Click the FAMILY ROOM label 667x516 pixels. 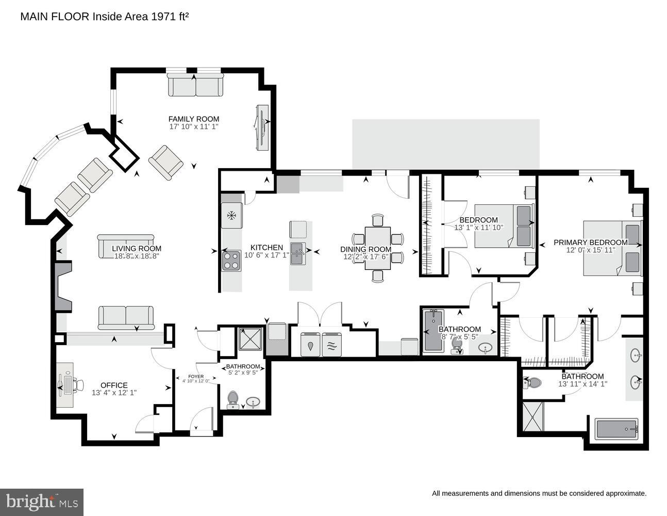[x=193, y=119]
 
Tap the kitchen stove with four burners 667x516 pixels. [x=231, y=260]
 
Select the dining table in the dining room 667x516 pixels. [x=377, y=248]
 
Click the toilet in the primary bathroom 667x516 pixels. [x=532, y=383]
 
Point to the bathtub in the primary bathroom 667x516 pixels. [x=616, y=429]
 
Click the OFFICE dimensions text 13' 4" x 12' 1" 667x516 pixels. [x=114, y=393]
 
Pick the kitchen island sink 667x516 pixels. [x=298, y=253]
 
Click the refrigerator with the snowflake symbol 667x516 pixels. [x=231, y=215]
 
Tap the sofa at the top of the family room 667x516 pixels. [x=195, y=85]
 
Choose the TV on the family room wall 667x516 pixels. [x=262, y=127]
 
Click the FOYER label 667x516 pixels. [x=195, y=376]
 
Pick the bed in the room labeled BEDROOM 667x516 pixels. [x=504, y=225]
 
